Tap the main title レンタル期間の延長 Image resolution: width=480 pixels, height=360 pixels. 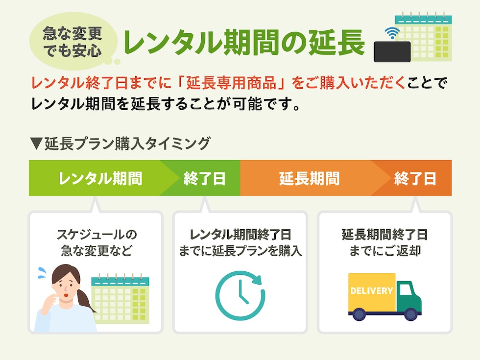tap(244, 43)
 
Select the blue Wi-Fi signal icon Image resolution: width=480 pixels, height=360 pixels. tap(391, 33)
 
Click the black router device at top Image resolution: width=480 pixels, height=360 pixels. tap(392, 51)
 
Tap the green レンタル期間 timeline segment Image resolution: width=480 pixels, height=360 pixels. tap(100, 178)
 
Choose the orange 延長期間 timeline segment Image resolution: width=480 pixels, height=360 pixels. tap(309, 178)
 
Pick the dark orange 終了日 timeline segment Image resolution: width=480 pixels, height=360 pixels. tap(415, 178)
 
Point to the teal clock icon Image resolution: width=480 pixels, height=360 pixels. tap(240, 295)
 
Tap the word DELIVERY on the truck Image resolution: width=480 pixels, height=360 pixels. tap(371, 290)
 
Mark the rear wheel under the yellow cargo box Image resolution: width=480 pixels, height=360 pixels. tap(360, 314)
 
